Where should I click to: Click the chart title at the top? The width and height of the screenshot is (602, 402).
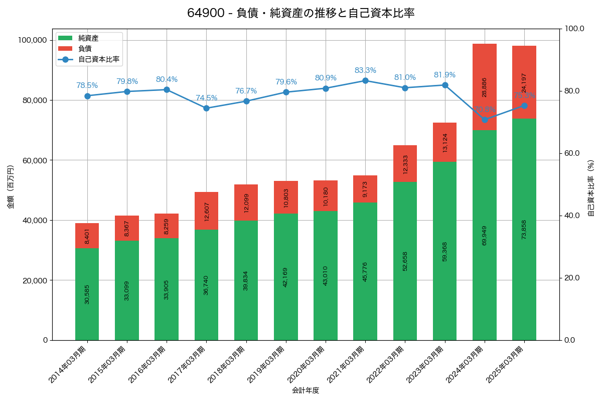point(300,13)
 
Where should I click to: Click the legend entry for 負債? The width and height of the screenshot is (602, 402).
point(85,49)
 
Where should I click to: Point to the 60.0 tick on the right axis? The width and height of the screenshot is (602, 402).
point(574,153)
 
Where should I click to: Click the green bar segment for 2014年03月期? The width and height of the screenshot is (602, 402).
point(87,294)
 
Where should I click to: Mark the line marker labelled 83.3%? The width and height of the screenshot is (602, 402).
point(365,80)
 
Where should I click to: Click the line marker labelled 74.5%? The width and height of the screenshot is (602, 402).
point(206,108)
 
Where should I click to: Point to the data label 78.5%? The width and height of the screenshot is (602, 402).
point(87,85)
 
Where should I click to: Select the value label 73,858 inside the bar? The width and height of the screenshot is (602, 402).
point(524,229)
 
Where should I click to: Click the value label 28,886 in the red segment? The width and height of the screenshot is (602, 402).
point(485,87)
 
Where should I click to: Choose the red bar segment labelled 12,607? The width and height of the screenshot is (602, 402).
point(206,211)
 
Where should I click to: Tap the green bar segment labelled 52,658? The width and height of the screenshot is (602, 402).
point(405,261)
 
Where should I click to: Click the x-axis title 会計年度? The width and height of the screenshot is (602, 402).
point(306,390)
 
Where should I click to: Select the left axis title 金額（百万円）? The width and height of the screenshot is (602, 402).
point(11,187)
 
